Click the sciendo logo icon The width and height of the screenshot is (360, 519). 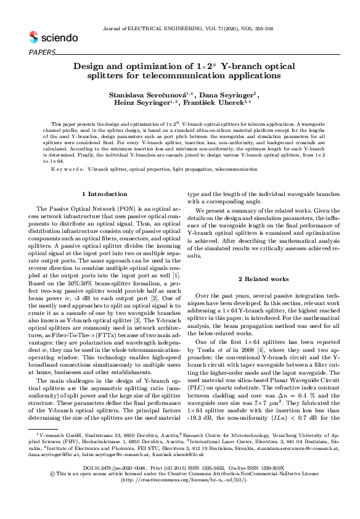(33, 38)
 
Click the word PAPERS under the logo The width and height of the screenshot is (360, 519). (42, 52)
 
